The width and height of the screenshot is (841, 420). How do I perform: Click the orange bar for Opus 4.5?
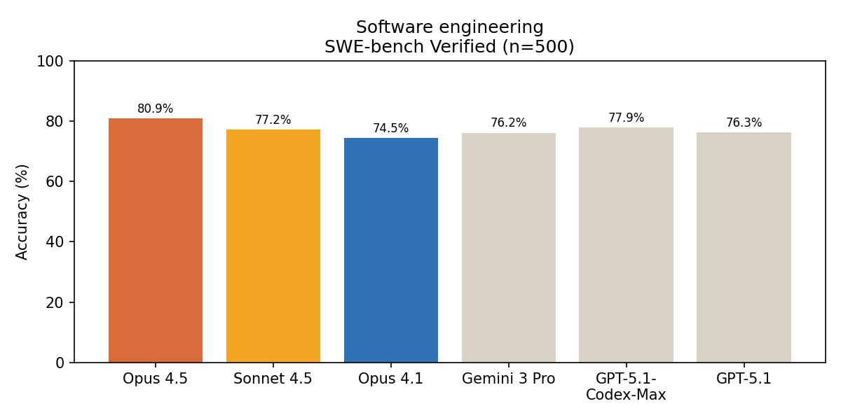pyautogui.click(x=156, y=240)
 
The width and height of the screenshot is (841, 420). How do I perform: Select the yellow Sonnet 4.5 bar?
pyautogui.click(x=273, y=246)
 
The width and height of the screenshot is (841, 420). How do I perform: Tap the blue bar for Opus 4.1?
pyautogui.click(x=391, y=250)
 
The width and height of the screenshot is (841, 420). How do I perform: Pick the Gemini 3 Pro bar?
pyautogui.click(x=509, y=248)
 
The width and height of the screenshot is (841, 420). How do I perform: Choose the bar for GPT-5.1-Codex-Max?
pyautogui.click(x=627, y=245)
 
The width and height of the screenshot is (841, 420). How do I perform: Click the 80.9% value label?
pyautogui.click(x=155, y=108)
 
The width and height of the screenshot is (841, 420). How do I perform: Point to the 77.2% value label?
pyautogui.click(x=273, y=120)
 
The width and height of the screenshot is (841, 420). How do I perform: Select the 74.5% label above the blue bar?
pyautogui.click(x=390, y=128)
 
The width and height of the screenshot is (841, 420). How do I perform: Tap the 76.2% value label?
pyautogui.click(x=508, y=122)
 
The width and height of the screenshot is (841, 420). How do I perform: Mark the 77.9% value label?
pyautogui.click(x=626, y=118)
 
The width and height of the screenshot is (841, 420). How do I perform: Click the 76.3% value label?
pyautogui.click(x=744, y=122)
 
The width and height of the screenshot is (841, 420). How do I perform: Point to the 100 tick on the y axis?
pyautogui.click(x=50, y=62)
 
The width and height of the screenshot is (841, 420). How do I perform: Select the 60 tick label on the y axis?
pyautogui.click(x=55, y=182)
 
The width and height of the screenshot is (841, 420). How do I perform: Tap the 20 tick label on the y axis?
pyautogui.click(x=55, y=303)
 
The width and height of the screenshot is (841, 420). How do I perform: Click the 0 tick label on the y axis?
pyautogui.click(x=60, y=363)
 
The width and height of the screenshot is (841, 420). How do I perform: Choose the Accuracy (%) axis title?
pyautogui.click(x=22, y=212)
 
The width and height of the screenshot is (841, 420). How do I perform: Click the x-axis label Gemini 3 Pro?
pyautogui.click(x=508, y=379)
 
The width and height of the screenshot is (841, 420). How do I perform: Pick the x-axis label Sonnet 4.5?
pyautogui.click(x=273, y=379)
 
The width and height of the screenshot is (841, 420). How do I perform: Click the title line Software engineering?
pyautogui.click(x=450, y=27)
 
